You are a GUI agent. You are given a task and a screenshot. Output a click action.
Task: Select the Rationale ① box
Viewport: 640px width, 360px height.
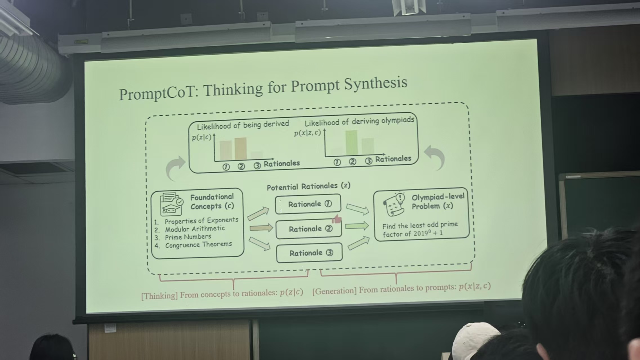(x=308, y=204)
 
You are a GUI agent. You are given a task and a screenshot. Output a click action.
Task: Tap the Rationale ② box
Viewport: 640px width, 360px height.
(x=309, y=229)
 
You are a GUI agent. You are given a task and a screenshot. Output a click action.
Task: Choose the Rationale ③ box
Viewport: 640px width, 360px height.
(x=309, y=253)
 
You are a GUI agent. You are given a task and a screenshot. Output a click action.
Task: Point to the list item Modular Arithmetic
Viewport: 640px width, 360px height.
(x=195, y=229)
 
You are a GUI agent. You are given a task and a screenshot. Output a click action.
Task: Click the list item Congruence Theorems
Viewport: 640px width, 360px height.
(x=199, y=245)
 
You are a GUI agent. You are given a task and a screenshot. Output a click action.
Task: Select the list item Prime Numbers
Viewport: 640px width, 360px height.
(x=188, y=237)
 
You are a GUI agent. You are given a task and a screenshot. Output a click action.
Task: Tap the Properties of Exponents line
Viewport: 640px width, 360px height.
(x=201, y=220)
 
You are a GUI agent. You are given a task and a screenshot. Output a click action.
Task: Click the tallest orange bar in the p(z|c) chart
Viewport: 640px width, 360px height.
(x=240, y=149)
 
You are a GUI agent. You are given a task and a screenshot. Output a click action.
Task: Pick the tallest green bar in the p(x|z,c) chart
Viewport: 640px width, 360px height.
(x=351, y=142)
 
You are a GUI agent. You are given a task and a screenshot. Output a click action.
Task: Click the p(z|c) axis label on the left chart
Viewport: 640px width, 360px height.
(x=202, y=137)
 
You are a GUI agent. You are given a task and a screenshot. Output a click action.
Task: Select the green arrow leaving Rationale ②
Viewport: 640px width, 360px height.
(x=357, y=226)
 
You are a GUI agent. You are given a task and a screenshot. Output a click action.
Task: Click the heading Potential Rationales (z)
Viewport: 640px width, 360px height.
(x=309, y=186)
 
